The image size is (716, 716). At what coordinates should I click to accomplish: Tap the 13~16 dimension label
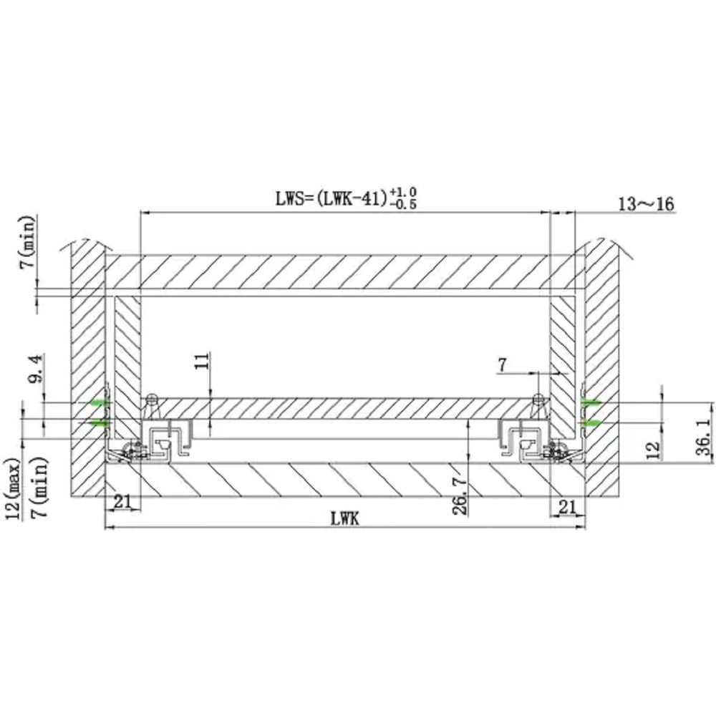[x=646, y=204]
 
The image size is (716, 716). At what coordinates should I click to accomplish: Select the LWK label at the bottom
[x=345, y=518]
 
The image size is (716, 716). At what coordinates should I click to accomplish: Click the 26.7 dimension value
[x=460, y=495]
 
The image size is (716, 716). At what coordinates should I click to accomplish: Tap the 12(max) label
[x=14, y=488]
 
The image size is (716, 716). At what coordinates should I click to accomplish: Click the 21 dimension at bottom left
[x=122, y=501]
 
